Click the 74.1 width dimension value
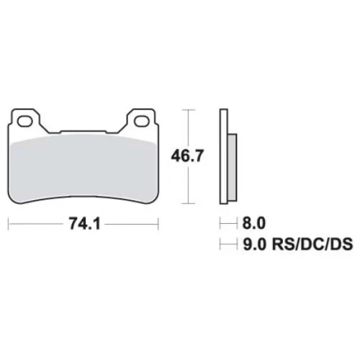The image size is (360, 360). (85, 225)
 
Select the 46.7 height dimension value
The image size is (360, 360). (187, 156)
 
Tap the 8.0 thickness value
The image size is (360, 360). (254, 223)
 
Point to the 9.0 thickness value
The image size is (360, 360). (254, 244)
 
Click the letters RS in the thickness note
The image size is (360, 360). (282, 244)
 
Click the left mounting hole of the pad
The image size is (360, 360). (25, 121)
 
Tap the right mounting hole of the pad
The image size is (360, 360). (141, 121)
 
